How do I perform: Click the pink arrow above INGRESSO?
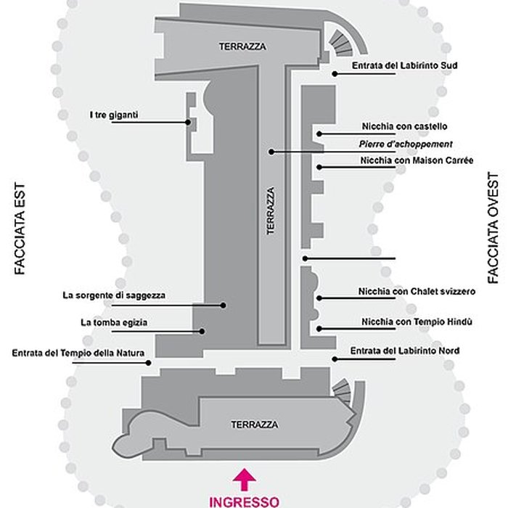point(245,478)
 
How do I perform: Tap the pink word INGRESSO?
point(245,501)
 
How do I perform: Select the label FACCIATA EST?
point(20,228)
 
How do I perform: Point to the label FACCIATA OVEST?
point(494,228)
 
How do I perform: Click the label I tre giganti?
point(114,114)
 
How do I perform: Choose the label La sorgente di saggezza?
point(114,295)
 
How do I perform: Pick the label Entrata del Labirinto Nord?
point(403,351)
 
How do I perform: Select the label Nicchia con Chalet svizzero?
point(417,292)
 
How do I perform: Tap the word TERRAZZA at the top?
point(243,46)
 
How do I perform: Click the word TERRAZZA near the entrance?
point(254,425)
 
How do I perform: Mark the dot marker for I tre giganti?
point(188,123)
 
